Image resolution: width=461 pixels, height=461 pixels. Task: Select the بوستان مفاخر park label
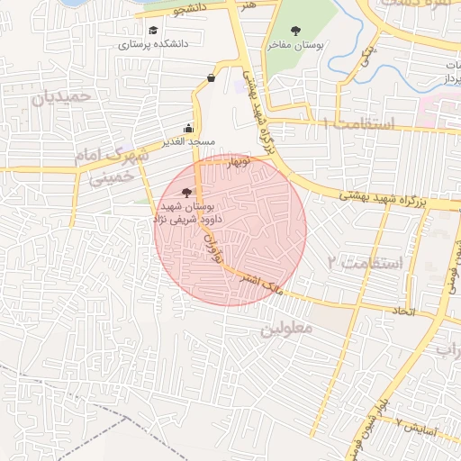(294, 43)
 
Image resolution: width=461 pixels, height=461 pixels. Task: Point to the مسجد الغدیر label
(188, 142)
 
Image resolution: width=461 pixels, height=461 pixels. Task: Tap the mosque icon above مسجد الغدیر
(187, 128)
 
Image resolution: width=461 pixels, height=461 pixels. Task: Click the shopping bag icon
(211, 77)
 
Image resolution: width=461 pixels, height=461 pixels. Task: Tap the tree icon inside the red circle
(186, 192)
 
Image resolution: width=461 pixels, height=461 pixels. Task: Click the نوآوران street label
(214, 243)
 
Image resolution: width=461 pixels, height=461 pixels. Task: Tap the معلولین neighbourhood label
(286, 329)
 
